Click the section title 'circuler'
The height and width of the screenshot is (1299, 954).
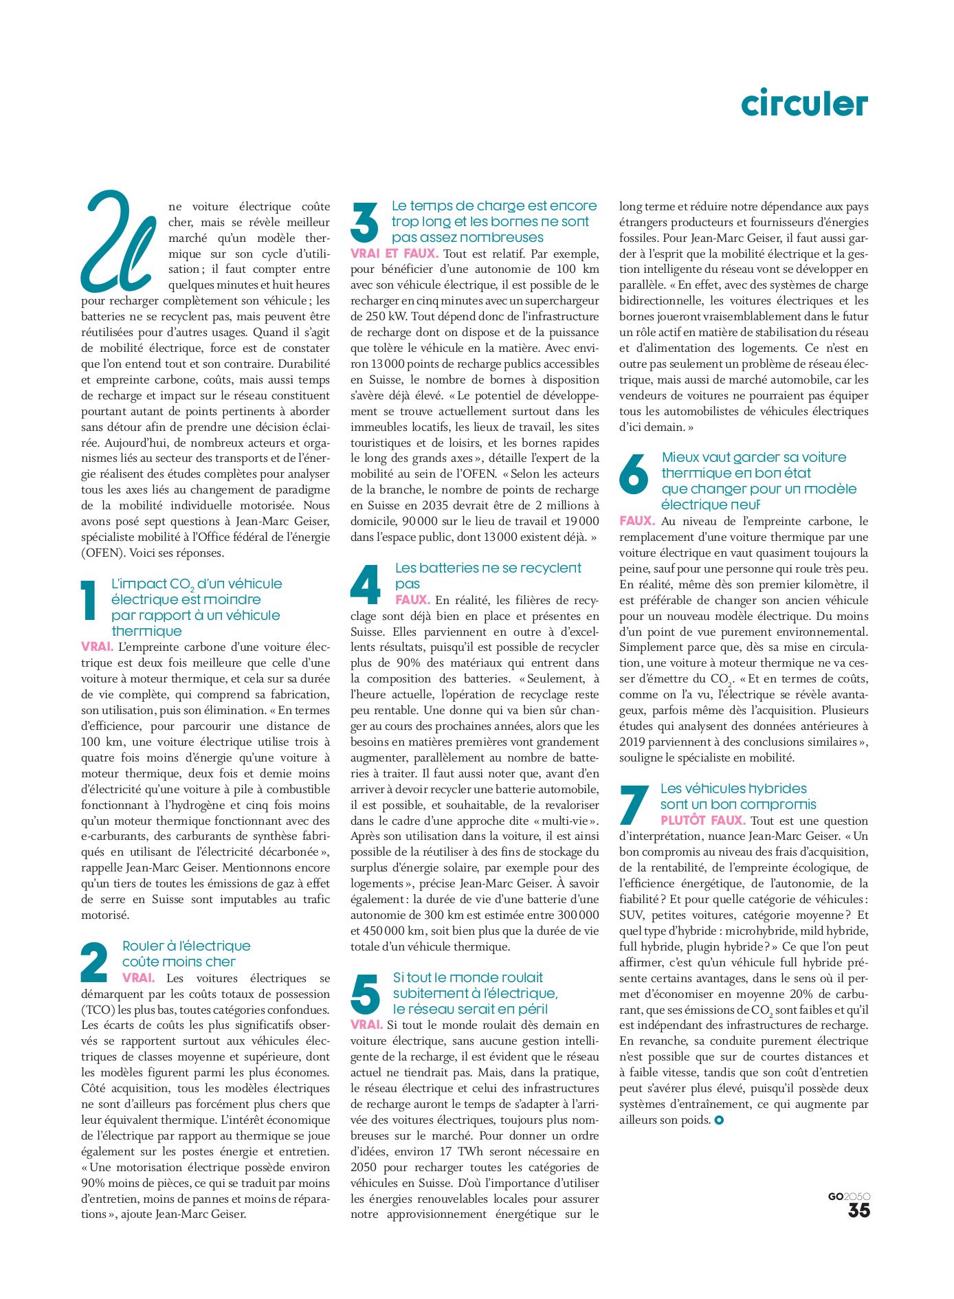(x=804, y=103)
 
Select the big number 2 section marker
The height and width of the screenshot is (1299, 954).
(x=94, y=962)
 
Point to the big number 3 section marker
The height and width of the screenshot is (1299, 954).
(x=364, y=221)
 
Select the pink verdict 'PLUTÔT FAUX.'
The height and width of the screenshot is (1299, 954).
(x=702, y=821)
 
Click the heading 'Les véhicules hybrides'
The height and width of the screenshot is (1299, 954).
(x=733, y=788)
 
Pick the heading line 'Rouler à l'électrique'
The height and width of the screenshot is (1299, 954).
(x=186, y=946)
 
